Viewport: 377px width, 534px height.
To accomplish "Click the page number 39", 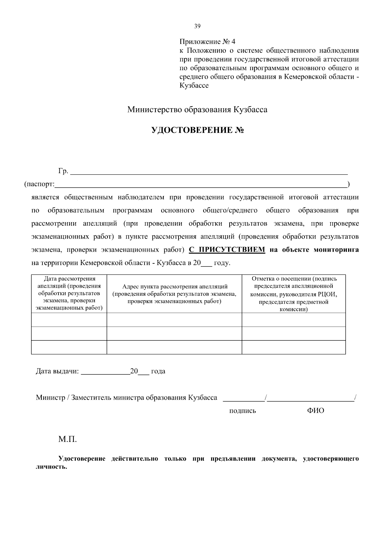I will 197,26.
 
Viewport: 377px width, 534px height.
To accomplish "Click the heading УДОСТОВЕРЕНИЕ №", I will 198,130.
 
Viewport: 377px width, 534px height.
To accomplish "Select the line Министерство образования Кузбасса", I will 197,110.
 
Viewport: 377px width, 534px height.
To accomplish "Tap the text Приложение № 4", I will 207,42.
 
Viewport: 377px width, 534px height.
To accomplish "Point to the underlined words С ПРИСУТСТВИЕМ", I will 227,250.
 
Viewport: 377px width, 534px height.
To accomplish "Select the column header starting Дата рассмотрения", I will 69,293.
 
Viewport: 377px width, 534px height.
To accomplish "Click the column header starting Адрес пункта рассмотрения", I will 174,294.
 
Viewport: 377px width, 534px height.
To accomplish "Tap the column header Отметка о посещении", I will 294,294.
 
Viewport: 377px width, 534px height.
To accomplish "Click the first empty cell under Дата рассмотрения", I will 69,320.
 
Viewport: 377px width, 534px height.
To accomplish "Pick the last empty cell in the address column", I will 174,347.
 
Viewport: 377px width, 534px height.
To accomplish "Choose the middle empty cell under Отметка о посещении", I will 294,334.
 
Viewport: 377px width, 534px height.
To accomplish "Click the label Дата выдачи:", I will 57,371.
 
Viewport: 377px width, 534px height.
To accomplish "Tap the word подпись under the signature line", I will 242,411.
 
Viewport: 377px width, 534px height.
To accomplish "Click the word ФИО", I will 315,410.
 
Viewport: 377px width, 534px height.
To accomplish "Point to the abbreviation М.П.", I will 68,439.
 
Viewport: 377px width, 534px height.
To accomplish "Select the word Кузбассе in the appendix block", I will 194,86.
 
